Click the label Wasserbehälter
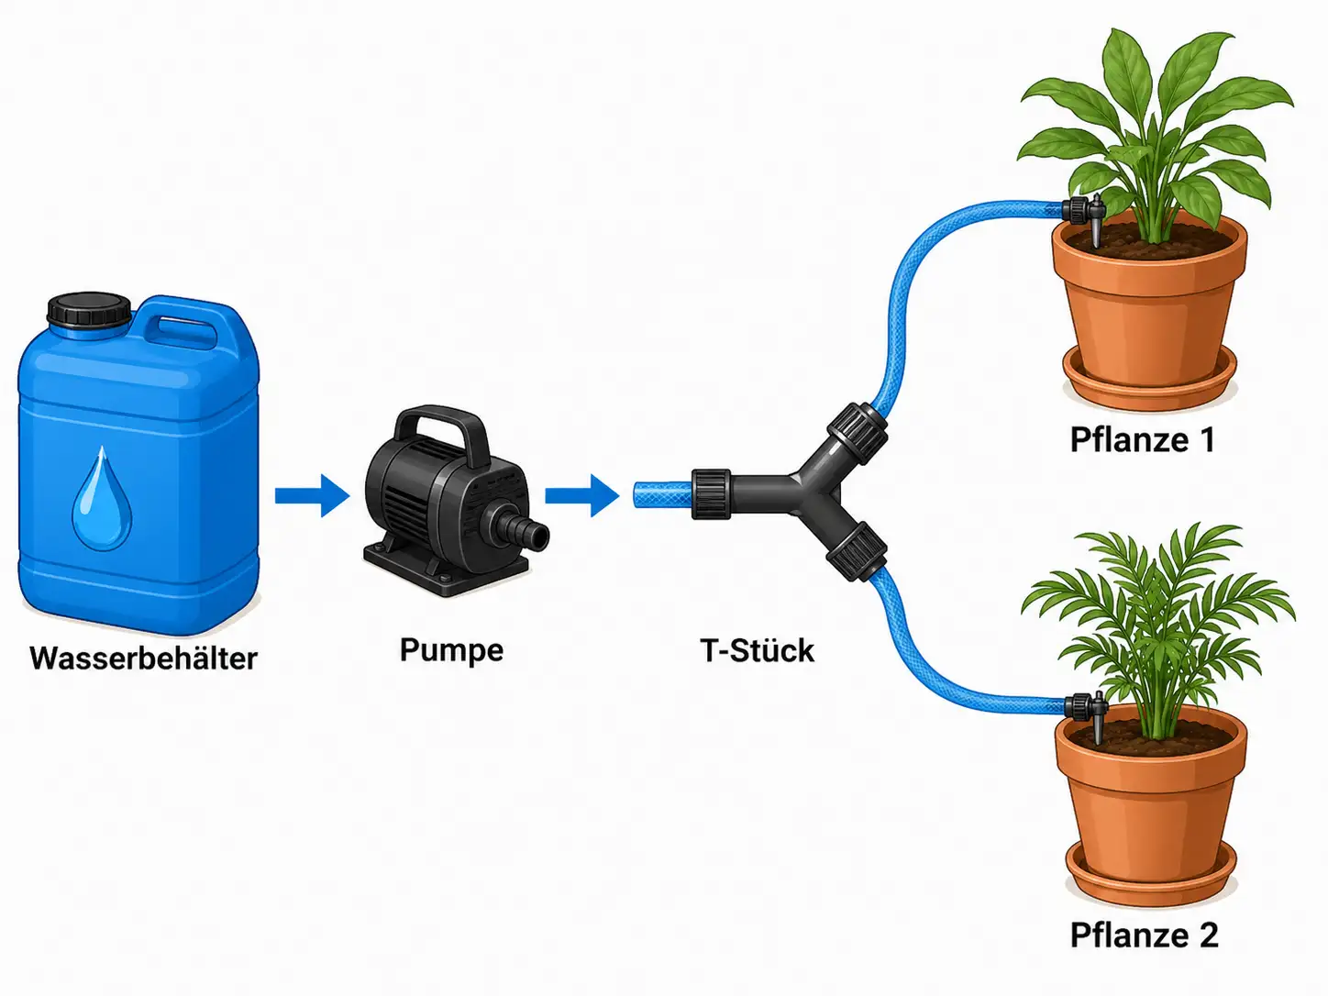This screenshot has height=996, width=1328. [143, 658]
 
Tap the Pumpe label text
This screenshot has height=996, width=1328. [451, 650]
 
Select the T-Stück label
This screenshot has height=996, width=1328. [757, 650]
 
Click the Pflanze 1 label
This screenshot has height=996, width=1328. [1142, 439]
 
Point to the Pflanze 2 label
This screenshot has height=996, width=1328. [1144, 935]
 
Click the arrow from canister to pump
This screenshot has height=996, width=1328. [312, 496]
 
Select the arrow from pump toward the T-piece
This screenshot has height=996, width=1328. [582, 496]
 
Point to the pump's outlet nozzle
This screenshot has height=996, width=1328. [520, 529]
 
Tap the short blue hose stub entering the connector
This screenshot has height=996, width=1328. [663, 494]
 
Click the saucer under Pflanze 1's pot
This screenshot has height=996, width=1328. [1149, 381]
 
